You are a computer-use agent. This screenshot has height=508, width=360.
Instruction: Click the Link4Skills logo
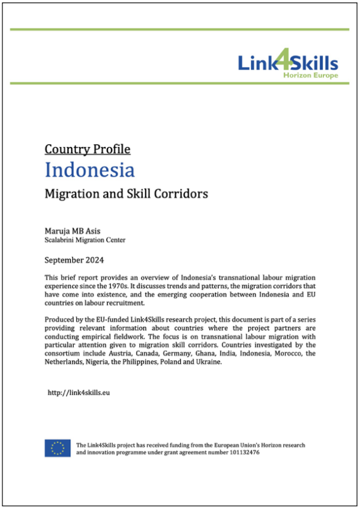287,62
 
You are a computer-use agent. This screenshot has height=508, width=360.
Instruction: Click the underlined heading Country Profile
87,149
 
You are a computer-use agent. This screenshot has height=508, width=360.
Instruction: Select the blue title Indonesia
90,170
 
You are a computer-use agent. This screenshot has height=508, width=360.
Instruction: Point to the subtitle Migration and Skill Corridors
126,194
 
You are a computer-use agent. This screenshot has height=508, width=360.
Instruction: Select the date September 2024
74,260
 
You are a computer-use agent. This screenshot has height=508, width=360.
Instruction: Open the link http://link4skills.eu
79,392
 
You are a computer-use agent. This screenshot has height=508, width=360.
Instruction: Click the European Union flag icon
58,448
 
